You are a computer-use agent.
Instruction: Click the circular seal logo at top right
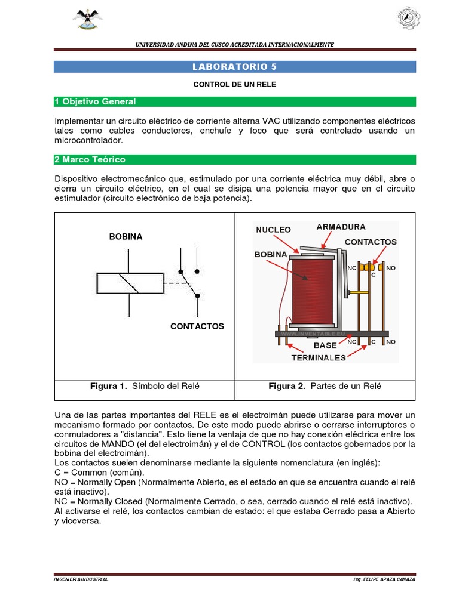(408, 18)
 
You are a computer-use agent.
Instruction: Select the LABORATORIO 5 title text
(234, 67)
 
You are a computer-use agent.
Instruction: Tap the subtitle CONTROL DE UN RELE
(234, 84)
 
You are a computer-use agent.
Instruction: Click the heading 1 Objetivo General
(95, 101)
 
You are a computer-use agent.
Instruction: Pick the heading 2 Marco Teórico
(90, 159)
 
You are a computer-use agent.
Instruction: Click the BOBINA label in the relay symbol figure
(126, 236)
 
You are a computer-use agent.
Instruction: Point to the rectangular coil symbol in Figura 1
(130, 283)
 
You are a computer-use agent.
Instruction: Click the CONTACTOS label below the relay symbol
(197, 326)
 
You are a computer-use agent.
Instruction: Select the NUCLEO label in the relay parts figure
(273, 230)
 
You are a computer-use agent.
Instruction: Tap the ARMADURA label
(341, 227)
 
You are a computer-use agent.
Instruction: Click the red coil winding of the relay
(312, 291)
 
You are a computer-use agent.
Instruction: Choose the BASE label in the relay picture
(325, 345)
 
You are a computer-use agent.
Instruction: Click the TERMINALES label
(319, 358)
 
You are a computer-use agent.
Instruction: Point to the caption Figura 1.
(145, 386)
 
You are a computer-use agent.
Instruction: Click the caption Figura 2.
(325, 386)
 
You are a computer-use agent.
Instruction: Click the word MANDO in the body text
(118, 444)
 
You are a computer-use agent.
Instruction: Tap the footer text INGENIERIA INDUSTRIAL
(81, 579)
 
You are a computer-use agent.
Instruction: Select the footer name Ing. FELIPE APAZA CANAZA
(384, 579)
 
